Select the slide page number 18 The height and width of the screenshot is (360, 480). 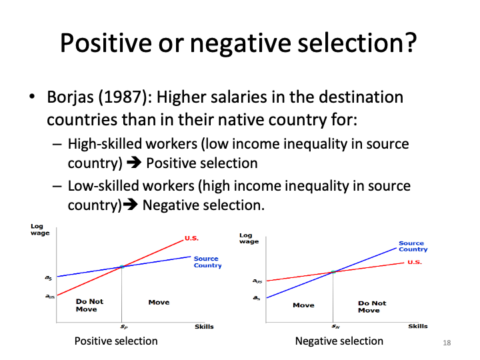[447, 343]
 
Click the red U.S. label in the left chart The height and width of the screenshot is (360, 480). [191, 238]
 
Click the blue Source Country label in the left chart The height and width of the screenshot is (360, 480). [207, 262]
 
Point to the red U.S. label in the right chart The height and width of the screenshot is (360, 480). [415, 262]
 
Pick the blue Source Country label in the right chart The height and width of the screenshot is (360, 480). [413, 247]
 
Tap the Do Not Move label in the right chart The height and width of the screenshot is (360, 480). [371, 307]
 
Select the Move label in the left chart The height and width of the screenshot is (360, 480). [159, 302]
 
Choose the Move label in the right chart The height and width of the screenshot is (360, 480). [303, 305]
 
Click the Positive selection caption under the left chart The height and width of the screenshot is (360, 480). [116, 341]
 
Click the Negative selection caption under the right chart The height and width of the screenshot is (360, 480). [339, 341]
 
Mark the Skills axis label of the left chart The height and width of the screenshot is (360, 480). [204, 327]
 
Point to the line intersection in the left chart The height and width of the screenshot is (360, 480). [122, 267]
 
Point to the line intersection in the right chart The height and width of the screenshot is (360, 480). [333, 271]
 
